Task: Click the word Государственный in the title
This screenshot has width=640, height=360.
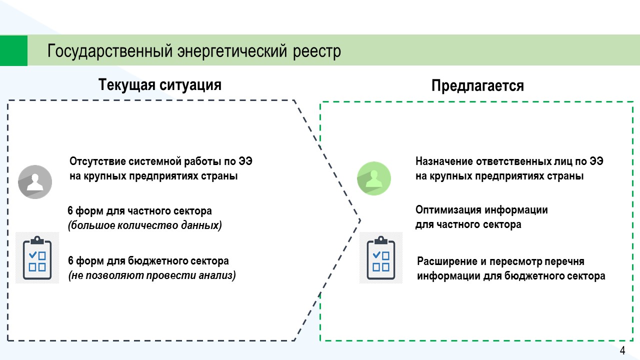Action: (110, 51)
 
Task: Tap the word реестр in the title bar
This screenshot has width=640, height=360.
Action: (317, 52)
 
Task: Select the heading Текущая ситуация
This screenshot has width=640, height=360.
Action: (160, 85)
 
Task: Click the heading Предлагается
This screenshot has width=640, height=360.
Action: (477, 85)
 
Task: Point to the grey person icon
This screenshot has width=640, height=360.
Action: (35, 181)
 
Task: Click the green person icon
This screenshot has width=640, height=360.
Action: (374, 178)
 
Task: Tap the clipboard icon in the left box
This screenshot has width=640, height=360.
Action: (37, 257)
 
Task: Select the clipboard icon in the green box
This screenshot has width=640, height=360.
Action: (381, 257)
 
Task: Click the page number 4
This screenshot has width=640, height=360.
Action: (622, 350)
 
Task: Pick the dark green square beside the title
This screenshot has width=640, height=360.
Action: (13, 50)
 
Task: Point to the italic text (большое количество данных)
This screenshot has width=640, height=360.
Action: (145, 225)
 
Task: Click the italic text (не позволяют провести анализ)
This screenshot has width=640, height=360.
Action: (152, 275)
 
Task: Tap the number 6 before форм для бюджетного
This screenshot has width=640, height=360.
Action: (70, 261)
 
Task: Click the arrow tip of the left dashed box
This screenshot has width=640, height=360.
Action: (360, 220)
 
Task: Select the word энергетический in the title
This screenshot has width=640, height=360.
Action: (232, 51)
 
